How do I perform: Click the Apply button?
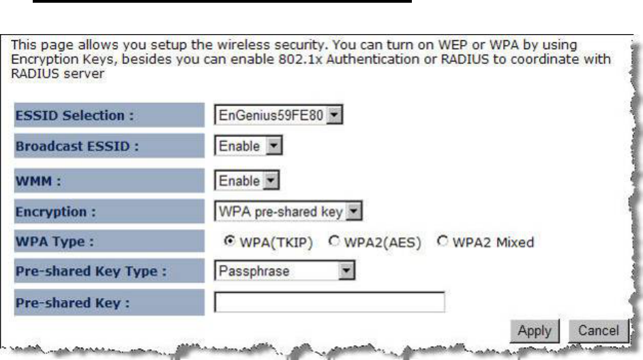click(535, 330)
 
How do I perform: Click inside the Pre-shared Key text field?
click(329, 302)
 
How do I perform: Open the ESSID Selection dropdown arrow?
click(334, 114)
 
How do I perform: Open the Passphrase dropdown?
click(286, 271)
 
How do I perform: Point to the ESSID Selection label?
click(74, 115)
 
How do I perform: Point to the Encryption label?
click(54, 212)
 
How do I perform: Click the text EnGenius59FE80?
click(272, 115)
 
